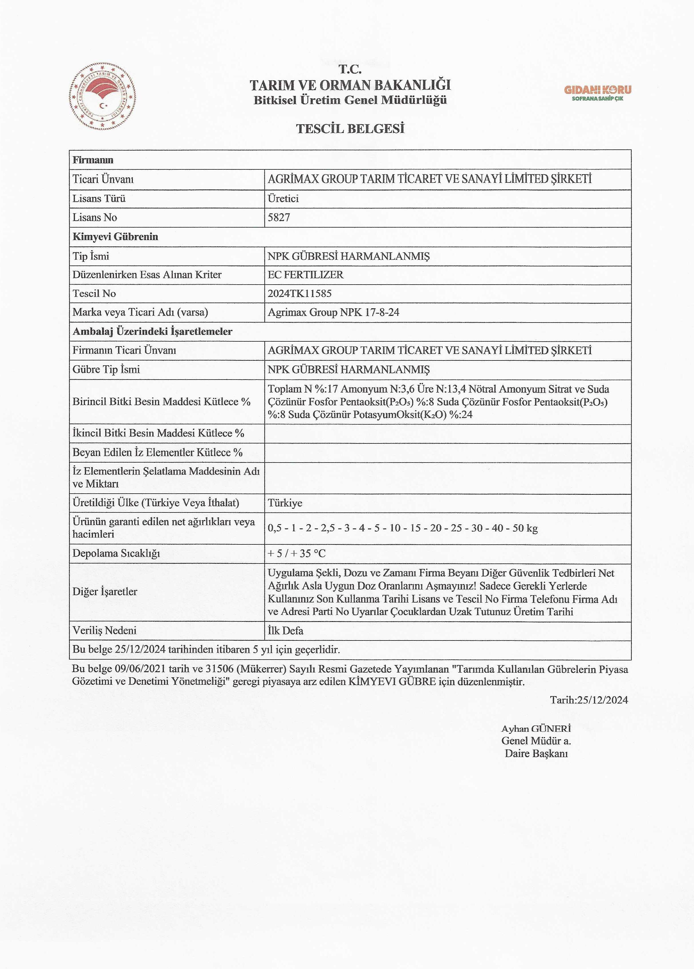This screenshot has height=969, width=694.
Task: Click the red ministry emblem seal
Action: click(x=102, y=97)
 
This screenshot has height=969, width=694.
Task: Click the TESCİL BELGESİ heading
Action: click(x=350, y=129)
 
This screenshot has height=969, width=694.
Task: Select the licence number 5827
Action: click(x=279, y=218)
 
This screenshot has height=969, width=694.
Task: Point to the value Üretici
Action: click(x=283, y=199)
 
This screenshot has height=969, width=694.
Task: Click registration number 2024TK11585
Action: click(x=299, y=293)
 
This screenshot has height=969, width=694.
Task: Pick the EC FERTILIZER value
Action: click(x=305, y=275)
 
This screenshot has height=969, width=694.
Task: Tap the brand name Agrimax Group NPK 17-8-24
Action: click(x=333, y=312)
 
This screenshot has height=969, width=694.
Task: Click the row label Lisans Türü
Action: click(x=99, y=199)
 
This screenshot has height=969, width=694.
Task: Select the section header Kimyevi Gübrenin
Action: click(x=115, y=237)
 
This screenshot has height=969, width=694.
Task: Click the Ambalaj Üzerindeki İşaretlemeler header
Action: click(x=153, y=332)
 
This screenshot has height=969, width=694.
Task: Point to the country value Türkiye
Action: click(x=285, y=503)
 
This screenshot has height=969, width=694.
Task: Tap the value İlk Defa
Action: click(x=285, y=631)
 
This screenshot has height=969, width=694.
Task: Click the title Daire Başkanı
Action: click(x=536, y=754)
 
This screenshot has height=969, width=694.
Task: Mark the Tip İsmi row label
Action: click(x=91, y=256)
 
